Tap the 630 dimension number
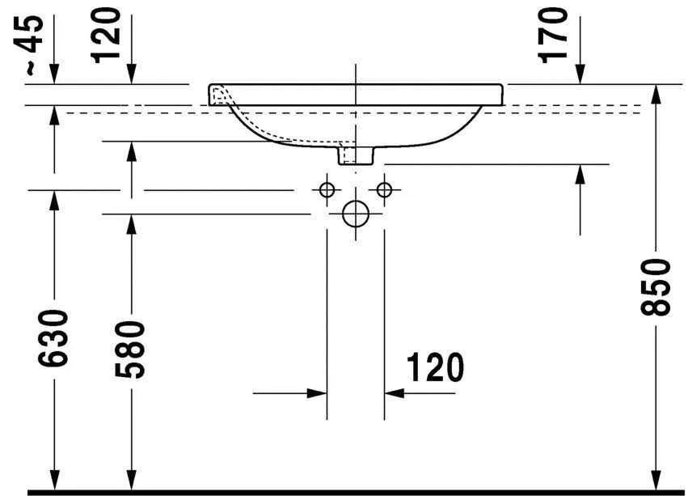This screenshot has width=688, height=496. click(54, 339)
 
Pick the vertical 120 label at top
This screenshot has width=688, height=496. click(107, 35)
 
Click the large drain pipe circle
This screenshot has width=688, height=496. click(355, 214)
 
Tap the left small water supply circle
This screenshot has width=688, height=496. click(327, 190)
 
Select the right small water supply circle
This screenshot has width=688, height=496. click(384, 190)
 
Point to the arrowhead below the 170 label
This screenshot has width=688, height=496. click(580, 76)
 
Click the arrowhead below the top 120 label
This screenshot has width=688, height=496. click(131, 76)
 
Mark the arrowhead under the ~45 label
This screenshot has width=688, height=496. click(54, 76)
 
